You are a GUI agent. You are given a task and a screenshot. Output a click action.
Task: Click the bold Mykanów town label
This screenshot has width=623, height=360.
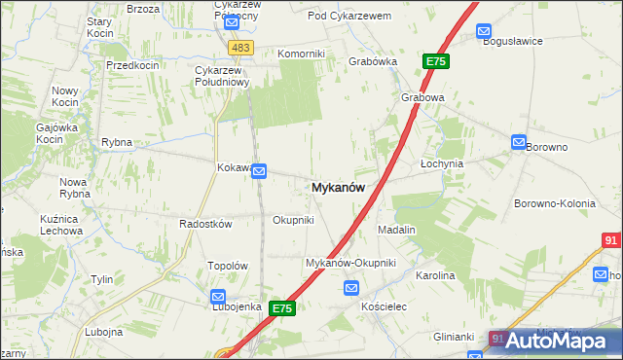pos(339,188)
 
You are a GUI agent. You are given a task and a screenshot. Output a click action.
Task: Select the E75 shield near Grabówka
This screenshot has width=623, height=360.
pos(435,61)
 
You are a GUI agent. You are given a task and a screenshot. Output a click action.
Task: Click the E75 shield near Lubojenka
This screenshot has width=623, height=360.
pos(282,308)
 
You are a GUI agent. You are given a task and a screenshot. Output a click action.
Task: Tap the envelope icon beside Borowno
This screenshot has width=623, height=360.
pos(519,142)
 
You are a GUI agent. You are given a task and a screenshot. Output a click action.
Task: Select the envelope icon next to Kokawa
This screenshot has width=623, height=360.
pos(260,171)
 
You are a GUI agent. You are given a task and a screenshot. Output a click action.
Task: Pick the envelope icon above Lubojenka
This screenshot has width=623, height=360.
pos(218,297)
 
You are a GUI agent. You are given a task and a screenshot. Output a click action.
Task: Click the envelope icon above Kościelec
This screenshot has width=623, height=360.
pos(351,288)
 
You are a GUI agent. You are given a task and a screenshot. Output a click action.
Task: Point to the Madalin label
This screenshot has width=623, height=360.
pos(396,230)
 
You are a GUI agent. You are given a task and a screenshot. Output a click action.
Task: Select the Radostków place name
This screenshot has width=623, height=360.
pos(204,224)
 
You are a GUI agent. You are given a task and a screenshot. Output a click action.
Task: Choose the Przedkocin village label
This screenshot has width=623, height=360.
pos(132,64)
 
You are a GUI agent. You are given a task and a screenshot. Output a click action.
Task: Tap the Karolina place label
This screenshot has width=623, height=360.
pos(435,276)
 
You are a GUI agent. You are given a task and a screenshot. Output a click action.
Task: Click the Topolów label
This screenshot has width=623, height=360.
pos(230,266)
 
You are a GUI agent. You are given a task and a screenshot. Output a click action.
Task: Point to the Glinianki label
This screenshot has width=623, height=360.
pos(454,337)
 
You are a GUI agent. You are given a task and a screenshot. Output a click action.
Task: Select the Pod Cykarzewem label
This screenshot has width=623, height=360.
pos(348,17)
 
